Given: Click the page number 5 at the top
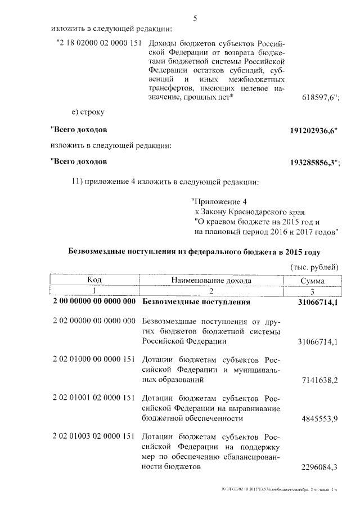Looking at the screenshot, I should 195,18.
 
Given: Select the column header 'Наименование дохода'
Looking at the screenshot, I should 211,280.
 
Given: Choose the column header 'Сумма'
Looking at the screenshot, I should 312,281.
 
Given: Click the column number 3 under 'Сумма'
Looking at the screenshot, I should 312,291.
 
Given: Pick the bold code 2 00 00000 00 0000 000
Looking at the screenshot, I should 94,302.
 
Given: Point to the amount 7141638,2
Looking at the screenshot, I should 319,380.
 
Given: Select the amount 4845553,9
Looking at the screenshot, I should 319,419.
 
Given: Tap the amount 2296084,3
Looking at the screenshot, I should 319,467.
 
